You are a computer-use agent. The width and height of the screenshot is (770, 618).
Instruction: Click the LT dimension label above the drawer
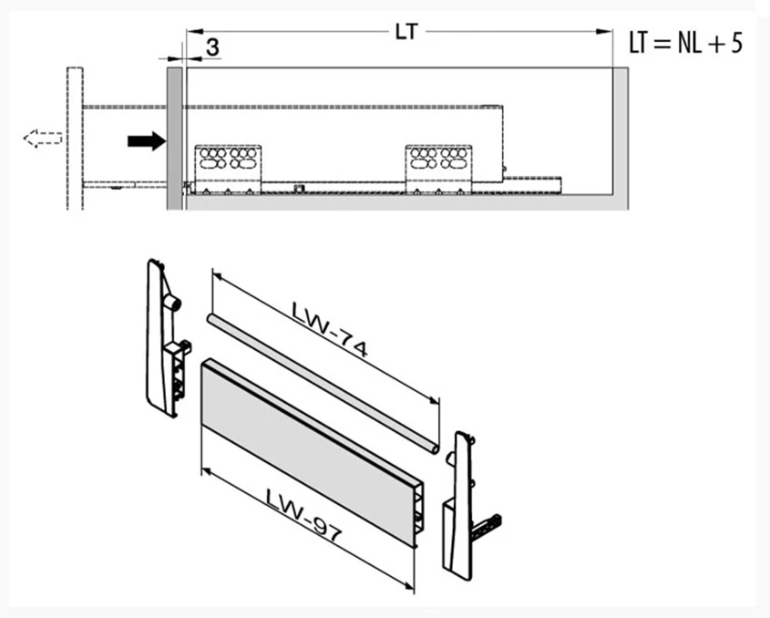coord(406,32)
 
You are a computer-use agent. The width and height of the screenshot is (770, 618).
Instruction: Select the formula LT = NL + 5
coord(685,43)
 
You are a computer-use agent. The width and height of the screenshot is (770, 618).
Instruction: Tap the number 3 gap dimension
coord(212,47)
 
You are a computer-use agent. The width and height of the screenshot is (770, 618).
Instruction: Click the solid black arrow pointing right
coord(147,141)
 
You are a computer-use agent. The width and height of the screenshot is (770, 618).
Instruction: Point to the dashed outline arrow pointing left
coord(43,138)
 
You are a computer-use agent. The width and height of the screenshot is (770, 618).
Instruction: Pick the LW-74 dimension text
coord(330,329)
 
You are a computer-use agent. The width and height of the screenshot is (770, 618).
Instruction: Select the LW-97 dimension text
coord(303,514)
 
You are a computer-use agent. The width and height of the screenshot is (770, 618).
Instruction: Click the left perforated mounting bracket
coord(228,170)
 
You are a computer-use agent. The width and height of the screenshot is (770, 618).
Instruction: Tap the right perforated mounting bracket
coord(438,170)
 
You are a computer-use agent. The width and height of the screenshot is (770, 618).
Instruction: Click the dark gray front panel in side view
coord(174,139)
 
